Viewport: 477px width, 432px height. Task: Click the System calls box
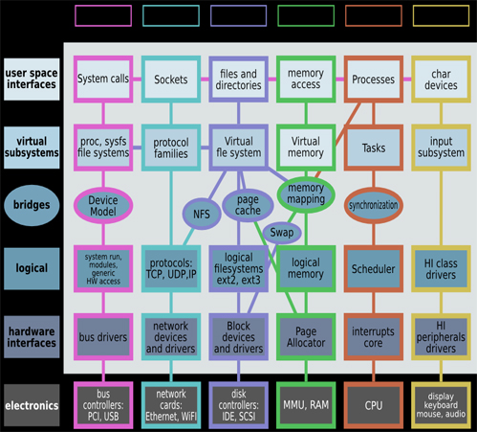(104, 80)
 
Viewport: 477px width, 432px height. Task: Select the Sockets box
(171, 80)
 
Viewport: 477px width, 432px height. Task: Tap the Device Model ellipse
(103, 206)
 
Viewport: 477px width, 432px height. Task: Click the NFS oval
(201, 214)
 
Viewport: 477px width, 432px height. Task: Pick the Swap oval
(281, 232)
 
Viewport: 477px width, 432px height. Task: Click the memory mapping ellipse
(306, 194)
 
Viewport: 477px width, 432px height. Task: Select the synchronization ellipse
(373, 206)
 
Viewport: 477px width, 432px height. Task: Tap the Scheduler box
(373, 269)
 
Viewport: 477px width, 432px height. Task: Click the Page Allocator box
(306, 336)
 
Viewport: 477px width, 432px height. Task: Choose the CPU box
(373, 405)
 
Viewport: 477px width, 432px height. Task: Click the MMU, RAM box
(306, 405)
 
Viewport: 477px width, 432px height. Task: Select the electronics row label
(31, 405)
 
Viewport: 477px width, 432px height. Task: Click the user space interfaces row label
(31, 80)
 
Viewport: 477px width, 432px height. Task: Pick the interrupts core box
(373, 336)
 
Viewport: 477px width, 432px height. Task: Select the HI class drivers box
(440, 269)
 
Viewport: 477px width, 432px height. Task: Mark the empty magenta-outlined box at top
(103, 15)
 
